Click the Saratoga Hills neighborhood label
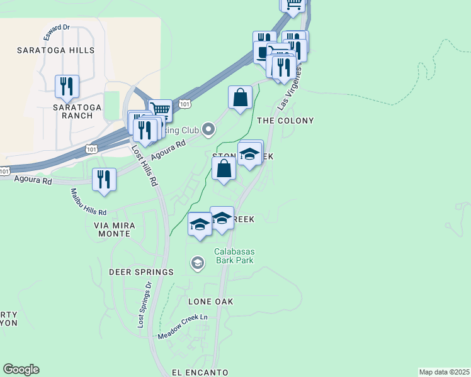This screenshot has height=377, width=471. click(55, 50)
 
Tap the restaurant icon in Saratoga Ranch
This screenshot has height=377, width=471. click(67, 87)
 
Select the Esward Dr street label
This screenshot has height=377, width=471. click(56, 28)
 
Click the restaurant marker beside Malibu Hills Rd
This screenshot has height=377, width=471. click(104, 180)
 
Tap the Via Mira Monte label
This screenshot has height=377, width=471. click(112, 229)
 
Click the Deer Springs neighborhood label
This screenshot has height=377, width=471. click(141, 272)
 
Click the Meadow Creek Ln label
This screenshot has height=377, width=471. click(183, 327)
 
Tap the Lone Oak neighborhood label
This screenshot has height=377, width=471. click(211, 302)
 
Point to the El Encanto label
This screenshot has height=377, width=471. click(200, 373)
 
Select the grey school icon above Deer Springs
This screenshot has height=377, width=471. click(198, 263)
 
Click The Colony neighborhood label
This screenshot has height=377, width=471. click(285, 120)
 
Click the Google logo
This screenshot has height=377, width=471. click(21, 369)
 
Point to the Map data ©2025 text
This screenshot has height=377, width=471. click(444, 372)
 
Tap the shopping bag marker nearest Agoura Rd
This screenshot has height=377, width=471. click(240, 98)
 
